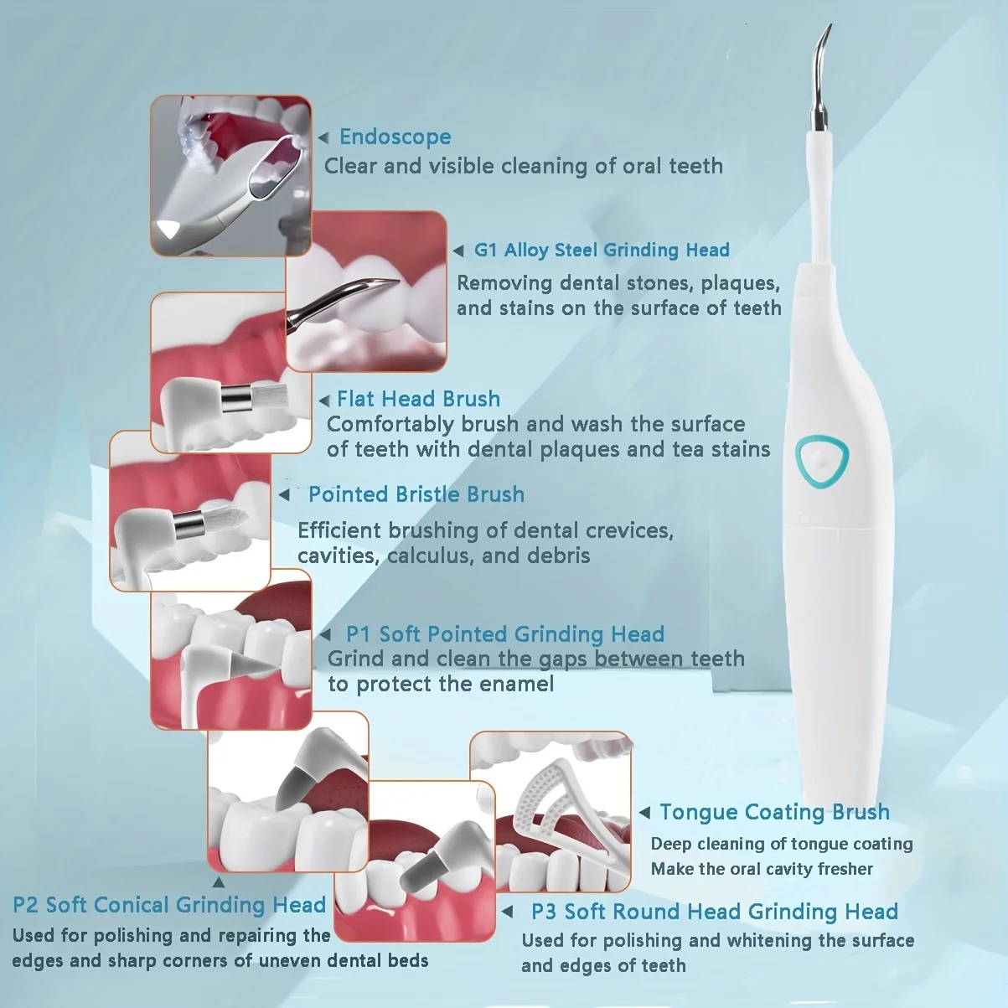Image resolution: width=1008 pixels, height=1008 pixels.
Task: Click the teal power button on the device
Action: coord(822,458)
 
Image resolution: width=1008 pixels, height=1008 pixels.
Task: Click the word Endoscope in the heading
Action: coord(395,137)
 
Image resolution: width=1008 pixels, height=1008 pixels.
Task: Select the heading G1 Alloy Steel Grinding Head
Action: coord(601,250)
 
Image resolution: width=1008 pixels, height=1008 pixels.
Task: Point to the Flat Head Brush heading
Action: coord(418,399)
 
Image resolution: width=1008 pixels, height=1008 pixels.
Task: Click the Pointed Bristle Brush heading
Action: coord(416,494)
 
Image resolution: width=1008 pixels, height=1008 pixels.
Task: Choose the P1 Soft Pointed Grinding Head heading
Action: coord(504,634)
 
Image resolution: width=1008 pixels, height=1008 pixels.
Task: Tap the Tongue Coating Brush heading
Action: coord(774,812)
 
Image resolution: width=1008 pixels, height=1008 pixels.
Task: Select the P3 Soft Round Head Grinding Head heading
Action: coord(714,912)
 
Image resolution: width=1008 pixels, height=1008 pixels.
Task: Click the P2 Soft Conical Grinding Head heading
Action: coord(169,905)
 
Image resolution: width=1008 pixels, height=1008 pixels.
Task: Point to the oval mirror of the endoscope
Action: coord(277,168)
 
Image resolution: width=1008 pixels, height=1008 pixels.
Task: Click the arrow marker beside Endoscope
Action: coord(323,137)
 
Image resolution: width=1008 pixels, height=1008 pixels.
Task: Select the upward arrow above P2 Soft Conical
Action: coord(218,881)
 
